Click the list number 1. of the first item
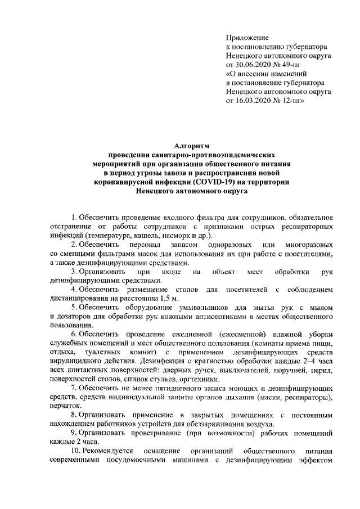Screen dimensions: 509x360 (x=74, y=217)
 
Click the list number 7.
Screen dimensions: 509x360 (x=74, y=389)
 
